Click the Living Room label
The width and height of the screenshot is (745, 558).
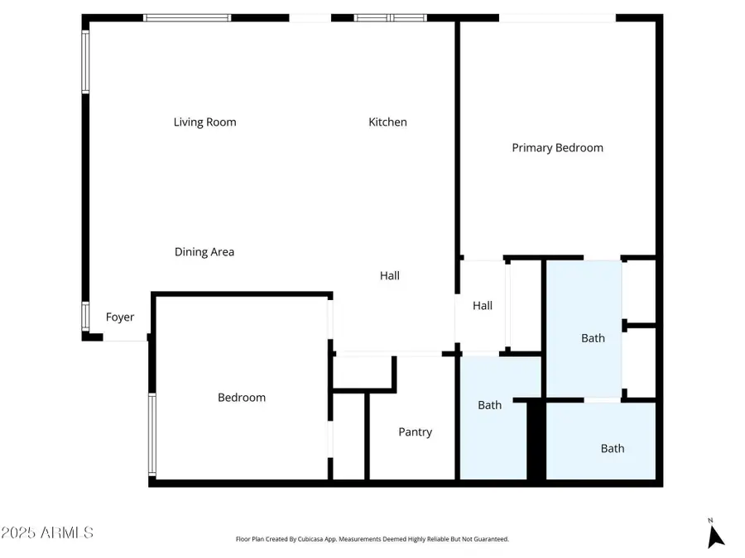pos(204,122)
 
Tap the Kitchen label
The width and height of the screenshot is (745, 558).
pos(387,122)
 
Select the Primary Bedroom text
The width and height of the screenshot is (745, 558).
pos(557,148)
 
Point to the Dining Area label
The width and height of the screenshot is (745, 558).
pos(204,252)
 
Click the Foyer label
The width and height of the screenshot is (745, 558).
pos(120,317)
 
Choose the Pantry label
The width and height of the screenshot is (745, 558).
pos(415,432)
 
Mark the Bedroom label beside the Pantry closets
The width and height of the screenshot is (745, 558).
pos(242,398)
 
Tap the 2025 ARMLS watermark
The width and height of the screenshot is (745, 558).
pos(47,533)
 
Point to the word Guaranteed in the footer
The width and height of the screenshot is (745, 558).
pos(489,539)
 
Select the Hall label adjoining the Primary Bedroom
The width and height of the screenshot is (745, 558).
pos(483,306)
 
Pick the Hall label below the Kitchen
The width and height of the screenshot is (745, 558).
pos(390,276)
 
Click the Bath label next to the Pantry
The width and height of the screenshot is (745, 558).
pos(489,405)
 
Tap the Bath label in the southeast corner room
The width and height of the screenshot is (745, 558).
pos(613,449)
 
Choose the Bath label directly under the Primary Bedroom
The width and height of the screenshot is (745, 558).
pos(593,338)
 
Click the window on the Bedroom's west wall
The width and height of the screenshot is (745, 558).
pos(152,434)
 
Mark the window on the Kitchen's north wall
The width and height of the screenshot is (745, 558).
pos(390,17)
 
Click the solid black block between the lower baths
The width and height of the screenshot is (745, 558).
pos(536,440)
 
